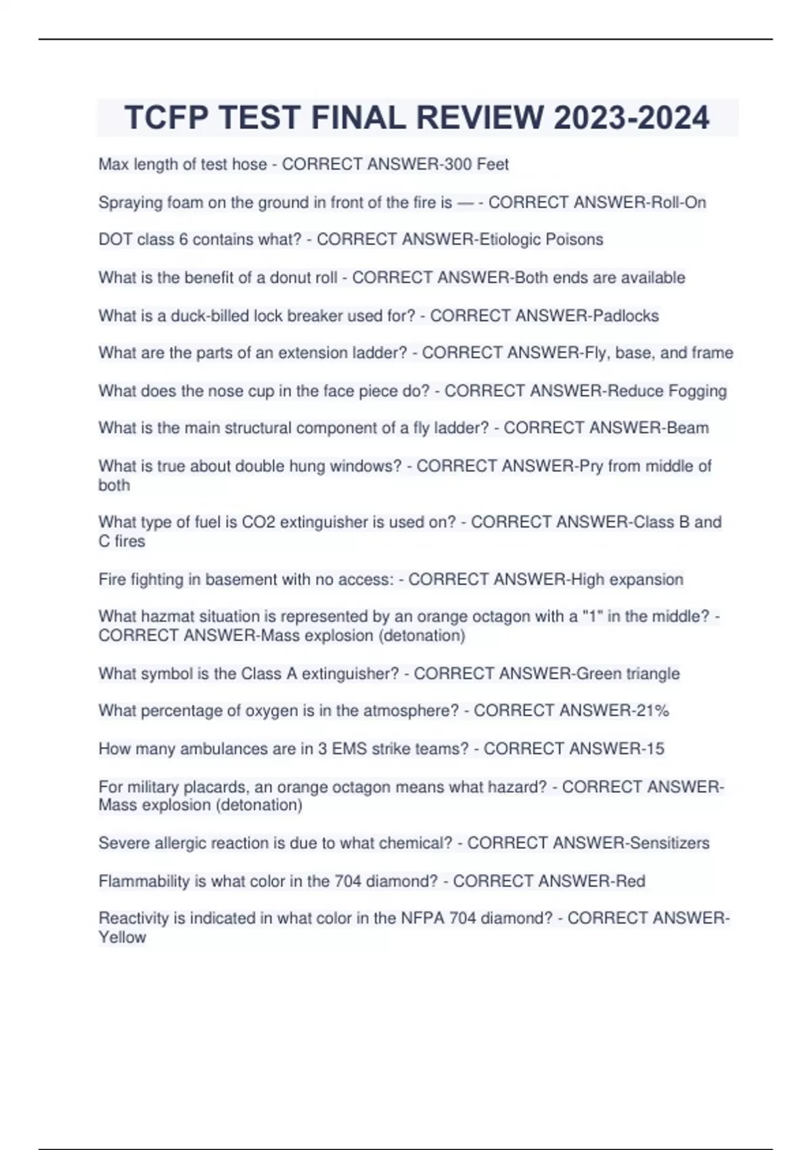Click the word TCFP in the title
[166, 118]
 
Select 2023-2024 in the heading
[631, 118]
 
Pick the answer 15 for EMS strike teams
[655, 748]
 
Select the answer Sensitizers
[669, 843]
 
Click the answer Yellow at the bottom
[122, 937]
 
